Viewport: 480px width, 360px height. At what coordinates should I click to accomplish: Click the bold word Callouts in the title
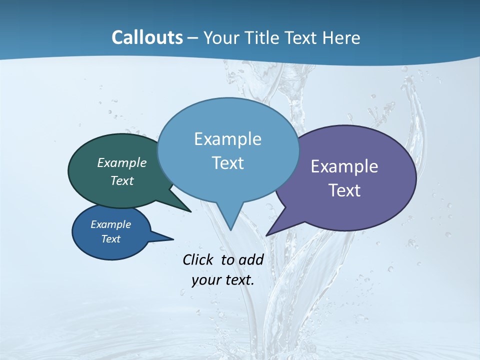pyautogui.click(x=147, y=37)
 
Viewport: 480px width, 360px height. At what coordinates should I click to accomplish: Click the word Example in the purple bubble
pyautogui.click(x=344, y=166)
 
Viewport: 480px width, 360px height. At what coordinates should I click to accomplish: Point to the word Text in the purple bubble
pyautogui.click(x=344, y=190)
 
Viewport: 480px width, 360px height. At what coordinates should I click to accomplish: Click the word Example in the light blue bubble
pyautogui.click(x=227, y=139)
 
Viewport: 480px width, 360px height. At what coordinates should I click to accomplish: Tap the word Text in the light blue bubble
pyautogui.click(x=227, y=163)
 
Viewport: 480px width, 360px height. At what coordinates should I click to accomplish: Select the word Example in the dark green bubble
pyautogui.click(x=122, y=163)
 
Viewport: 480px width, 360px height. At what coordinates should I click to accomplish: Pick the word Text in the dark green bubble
pyautogui.click(x=122, y=181)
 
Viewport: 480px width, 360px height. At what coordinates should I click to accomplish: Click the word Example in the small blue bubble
pyautogui.click(x=111, y=224)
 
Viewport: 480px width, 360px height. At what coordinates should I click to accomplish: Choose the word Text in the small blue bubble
pyautogui.click(x=111, y=239)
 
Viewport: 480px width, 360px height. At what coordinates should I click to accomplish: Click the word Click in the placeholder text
pyautogui.click(x=198, y=259)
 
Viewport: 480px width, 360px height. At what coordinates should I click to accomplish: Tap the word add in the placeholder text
pyautogui.click(x=251, y=259)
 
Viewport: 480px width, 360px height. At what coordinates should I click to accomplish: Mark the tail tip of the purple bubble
pyautogui.click(x=266, y=235)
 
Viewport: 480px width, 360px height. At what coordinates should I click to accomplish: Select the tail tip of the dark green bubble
pyautogui.click(x=190, y=211)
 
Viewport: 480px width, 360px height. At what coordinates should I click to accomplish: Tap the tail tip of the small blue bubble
pyautogui.click(x=173, y=238)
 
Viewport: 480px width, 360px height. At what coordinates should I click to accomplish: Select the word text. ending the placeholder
pyautogui.click(x=238, y=280)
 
